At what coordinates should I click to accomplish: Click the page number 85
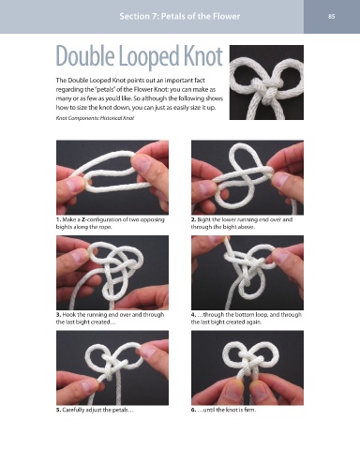coord(332,16)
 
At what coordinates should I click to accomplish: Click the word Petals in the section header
coord(173,16)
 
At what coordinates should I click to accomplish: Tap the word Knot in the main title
coord(203,56)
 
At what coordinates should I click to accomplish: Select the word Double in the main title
coord(85,56)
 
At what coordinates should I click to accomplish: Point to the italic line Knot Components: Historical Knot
coord(95,118)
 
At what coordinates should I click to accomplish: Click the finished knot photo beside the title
coord(266,82)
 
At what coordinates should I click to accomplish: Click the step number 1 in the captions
coord(58,219)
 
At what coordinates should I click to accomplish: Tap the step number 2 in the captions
coord(193,219)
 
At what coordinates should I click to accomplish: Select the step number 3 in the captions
coord(58,315)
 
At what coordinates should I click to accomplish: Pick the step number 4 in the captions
coord(193,315)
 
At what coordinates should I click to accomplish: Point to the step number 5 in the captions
coord(58,410)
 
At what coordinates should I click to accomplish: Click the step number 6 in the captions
coord(193,410)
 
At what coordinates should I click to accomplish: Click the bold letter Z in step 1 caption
coord(83,219)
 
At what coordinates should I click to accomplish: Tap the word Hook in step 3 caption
coord(68,315)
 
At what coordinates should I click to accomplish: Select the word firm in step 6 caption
coord(249,410)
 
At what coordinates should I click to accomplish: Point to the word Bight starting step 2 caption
coord(203,220)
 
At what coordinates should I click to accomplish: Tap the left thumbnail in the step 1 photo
coord(74,185)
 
